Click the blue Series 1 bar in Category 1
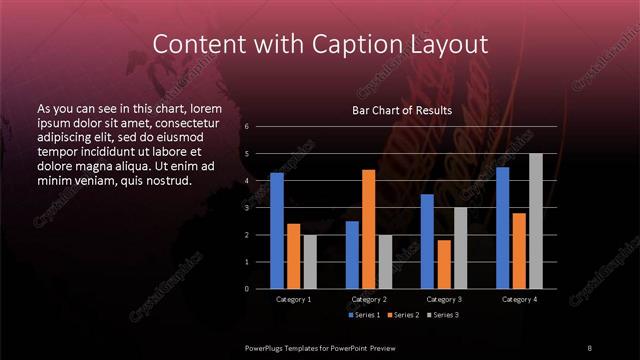click(x=277, y=231)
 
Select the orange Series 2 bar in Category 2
click(x=368, y=229)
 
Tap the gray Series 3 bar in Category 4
click(x=535, y=221)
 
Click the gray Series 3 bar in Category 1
click(x=310, y=262)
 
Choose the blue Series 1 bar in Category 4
click(x=502, y=228)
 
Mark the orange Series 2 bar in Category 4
click(x=518, y=251)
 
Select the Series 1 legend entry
click(x=364, y=315)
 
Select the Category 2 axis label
click(x=369, y=299)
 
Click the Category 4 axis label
click(x=519, y=299)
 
